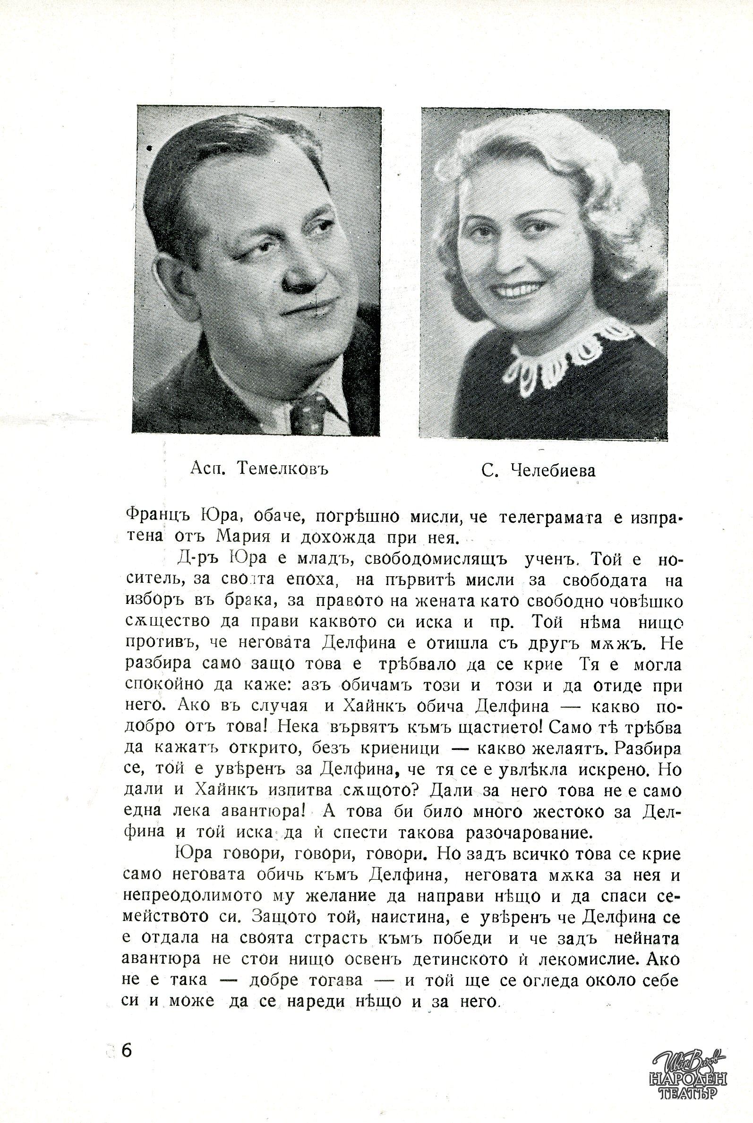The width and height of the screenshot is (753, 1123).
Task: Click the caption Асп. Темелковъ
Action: point(259,468)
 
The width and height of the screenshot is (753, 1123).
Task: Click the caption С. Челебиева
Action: point(538,470)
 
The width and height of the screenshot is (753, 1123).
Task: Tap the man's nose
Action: point(296,279)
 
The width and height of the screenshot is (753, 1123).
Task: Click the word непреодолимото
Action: point(192,896)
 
